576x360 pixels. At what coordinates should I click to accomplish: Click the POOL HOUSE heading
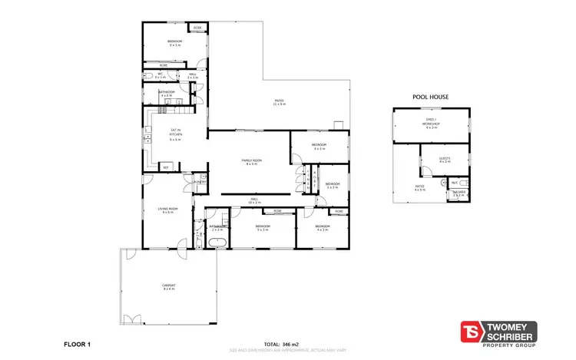point(429,97)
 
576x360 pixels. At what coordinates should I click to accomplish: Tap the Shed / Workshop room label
point(431,125)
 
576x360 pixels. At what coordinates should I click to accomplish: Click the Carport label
point(168,288)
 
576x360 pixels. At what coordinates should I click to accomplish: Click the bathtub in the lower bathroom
point(217,243)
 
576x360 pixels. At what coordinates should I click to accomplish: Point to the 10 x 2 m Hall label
point(254,201)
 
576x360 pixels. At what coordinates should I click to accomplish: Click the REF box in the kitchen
point(165,167)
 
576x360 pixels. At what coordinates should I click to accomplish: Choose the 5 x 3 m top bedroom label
point(175,44)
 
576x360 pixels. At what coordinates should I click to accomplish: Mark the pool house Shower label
point(458,193)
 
